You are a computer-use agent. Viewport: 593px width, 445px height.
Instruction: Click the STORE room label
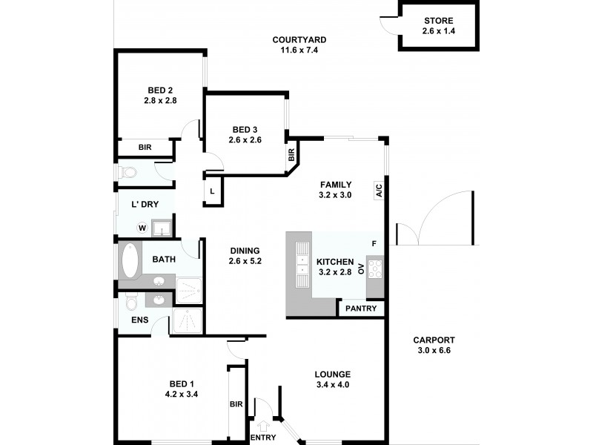click(439, 21)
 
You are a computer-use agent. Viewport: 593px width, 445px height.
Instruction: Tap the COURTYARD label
click(299, 40)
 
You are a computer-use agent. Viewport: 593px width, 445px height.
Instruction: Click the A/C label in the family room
click(378, 190)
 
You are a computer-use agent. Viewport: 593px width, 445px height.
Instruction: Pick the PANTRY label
click(362, 309)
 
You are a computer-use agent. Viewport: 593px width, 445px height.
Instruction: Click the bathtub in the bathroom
click(130, 260)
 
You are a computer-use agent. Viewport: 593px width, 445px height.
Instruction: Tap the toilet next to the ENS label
click(131, 303)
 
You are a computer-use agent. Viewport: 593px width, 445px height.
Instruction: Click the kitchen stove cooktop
click(375, 268)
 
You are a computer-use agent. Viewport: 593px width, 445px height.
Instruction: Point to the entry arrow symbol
click(262, 425)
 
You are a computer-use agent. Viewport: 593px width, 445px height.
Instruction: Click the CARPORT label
click(432, 340)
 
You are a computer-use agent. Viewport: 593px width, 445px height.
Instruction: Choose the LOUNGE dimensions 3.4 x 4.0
click(332, 385)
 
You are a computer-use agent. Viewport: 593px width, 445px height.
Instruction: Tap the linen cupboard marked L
click(212, 191)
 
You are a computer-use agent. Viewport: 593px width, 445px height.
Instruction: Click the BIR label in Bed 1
click(236, 404)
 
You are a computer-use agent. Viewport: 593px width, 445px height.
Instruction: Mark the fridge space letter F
click(374, 243)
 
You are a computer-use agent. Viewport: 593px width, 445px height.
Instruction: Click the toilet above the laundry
click(130, 172)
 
